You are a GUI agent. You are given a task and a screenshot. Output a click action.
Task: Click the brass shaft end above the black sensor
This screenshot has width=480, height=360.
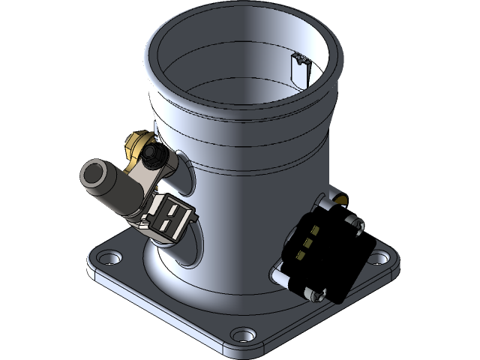(x=338, y=197)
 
